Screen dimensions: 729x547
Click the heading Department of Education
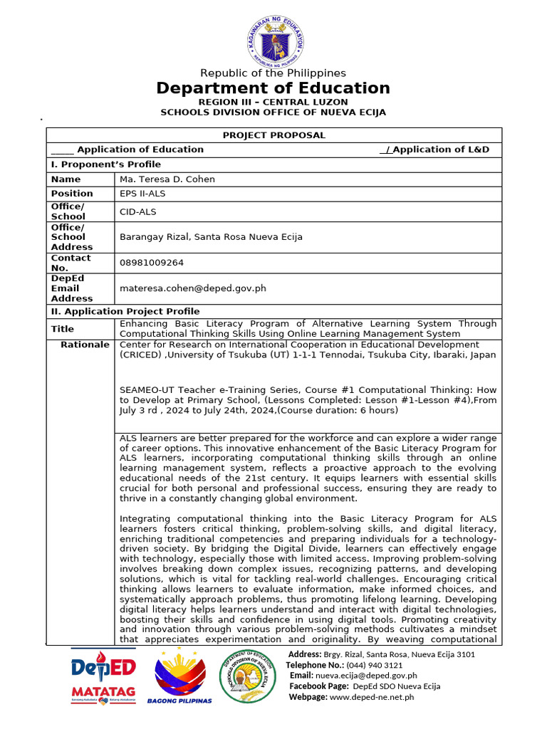tap(273, 88)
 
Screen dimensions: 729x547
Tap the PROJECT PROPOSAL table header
tap(273, 135)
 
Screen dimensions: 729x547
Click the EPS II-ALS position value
tap(142, 194)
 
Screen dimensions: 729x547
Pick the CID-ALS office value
tap(138, 211)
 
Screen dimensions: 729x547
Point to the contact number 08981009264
tap(152, 263)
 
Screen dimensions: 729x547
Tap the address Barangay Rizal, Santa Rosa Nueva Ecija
tap(211, 237)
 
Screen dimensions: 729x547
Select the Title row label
tap(63, 329)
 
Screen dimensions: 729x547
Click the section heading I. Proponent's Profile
tap(106, 164)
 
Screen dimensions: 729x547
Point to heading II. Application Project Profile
tap(125, 311)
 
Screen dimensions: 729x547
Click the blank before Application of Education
tap(62, 150)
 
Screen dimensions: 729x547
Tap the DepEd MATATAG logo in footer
tap(103, 676)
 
